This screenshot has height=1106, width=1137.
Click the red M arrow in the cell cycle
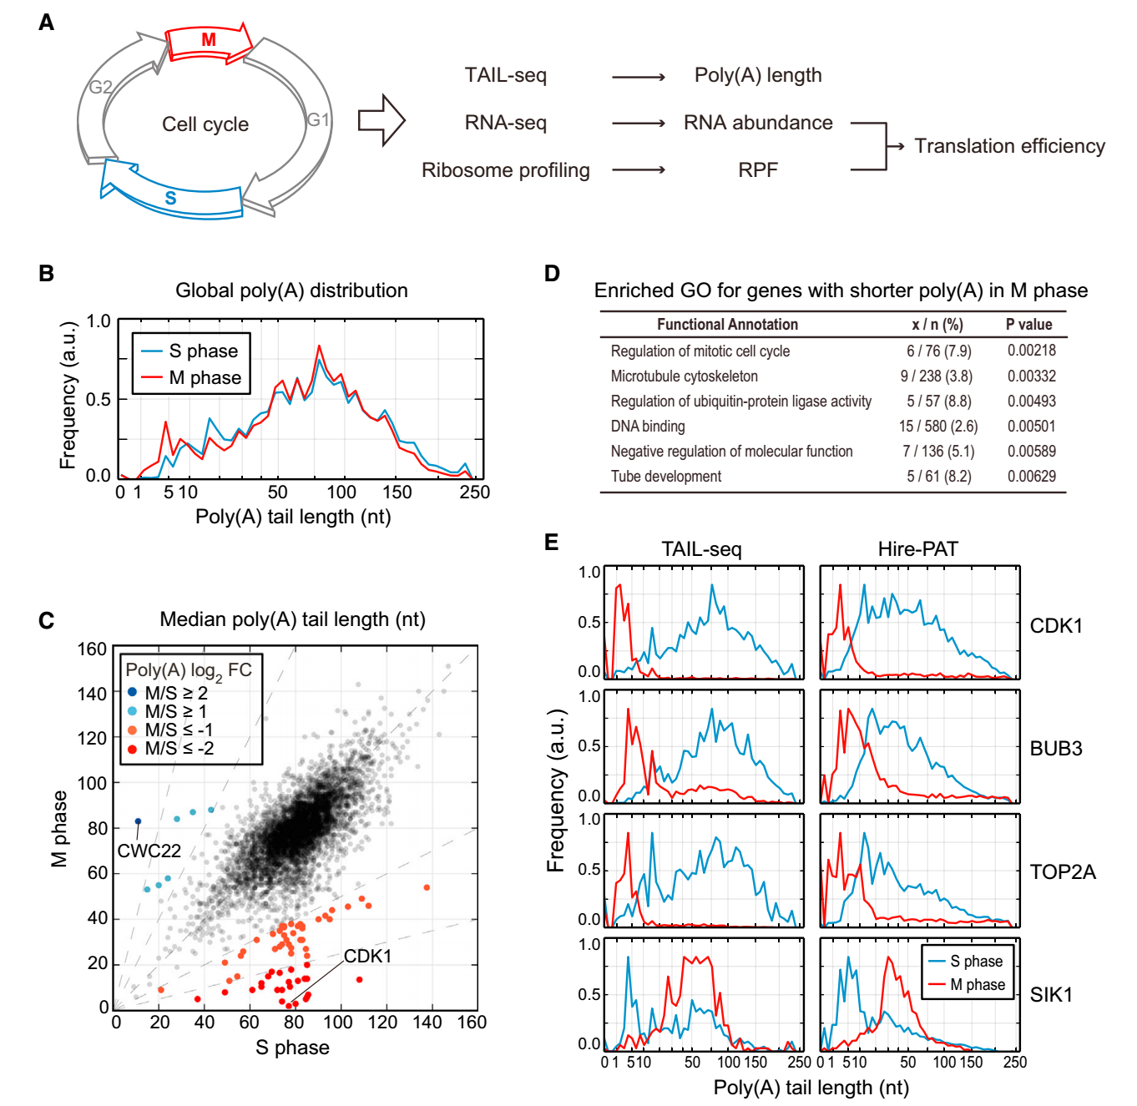point(208,41)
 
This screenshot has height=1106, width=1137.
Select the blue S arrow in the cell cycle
point(171,197)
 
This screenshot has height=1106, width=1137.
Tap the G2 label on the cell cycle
point(100,87)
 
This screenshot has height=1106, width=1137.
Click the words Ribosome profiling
point(505,170)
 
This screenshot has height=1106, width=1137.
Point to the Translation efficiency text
point(1008,146)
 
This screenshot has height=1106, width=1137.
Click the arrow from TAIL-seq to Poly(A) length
point(638,77)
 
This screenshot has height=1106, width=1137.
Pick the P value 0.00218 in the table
point(1031,351)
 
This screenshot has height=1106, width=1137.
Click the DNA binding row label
point(647,427)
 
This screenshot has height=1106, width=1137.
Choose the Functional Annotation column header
point(726,325)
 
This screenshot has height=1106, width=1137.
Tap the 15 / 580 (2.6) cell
point(937,427)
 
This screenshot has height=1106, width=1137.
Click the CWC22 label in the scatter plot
point(149,851)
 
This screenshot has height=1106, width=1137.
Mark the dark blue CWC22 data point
point(138,821)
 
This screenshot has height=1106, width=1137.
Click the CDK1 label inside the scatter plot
point(367,956)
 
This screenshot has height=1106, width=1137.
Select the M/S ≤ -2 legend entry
point(178,749)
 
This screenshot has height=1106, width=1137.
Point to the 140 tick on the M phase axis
point(92,694)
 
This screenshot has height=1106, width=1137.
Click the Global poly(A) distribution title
point(291,290)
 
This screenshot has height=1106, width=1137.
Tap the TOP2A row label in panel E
point(1062,872)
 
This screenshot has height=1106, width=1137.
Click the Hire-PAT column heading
point(917,548)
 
